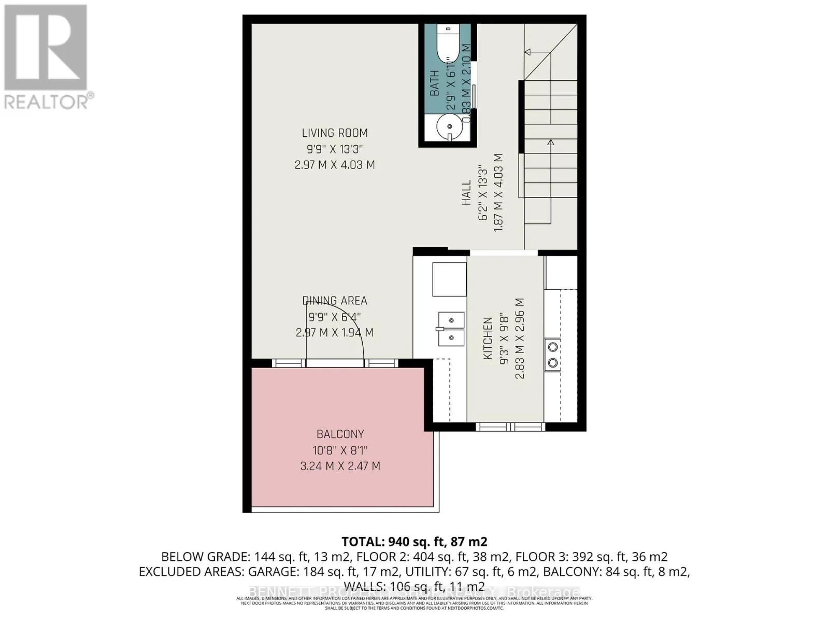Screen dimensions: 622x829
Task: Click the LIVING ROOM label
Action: pos(335,133)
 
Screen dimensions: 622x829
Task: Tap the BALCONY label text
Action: pos(340,434)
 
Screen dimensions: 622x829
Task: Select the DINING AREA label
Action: pos(335,301)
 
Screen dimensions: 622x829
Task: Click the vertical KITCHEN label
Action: pos(488,339)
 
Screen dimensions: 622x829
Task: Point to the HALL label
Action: pos(467,192)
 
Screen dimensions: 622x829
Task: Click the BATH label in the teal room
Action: pos(434,83)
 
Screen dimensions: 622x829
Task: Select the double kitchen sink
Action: pos(450,329)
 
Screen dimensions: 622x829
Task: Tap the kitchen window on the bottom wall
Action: pos(510,427)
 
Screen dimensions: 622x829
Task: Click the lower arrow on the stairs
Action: pos(550,142)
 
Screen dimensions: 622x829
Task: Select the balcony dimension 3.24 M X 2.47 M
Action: pos(340,466)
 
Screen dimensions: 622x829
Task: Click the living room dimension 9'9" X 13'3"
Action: pos(335,149)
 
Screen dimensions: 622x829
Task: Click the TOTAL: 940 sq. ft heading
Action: pos(414,542)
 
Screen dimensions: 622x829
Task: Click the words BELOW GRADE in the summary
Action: pos(205,557)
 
